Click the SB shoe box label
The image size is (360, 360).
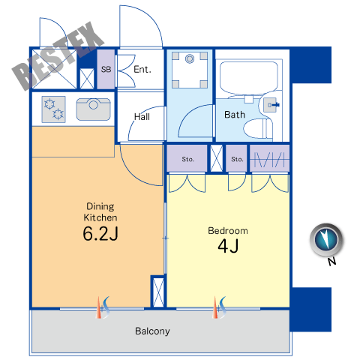pyautogui.click(x=106, y=69)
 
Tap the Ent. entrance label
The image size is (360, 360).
pyautogui.click(x=142, y=69)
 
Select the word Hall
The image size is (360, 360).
pyautogui.click(x=142, y=116)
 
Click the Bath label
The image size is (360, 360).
pyautogui.click(x=235, y=115)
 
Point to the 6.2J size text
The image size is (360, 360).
pyautogui.click(x=100, y=234)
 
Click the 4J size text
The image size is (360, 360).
pyautogui.click(x=228, y=246)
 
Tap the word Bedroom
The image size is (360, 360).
pyautogui.click(x=228, y=231)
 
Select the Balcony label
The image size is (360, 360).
pyautogui.click(x=152, y=331)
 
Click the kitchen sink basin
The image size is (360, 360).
pyautogui.click(x=93, y=109)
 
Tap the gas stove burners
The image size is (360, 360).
pyautogui.click(x=54, y=109)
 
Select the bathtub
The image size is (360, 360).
pyautogui.click(x=249, y=78)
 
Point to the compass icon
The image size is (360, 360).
pyautogui.click(x=326, y=240)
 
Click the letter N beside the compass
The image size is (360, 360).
pyautogui.click(x=331, y=262)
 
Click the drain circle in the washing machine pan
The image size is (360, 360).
pyautogui.click(x=190, y=59)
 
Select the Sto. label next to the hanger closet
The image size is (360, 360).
pyautogui.click(x=237, y=159)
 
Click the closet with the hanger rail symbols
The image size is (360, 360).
pyautogui.click(x=269, y=158)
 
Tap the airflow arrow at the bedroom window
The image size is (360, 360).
pyautogui.click(x=219, y=307)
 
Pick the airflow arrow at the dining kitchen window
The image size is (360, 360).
pyautogui.click(x=103, y=307)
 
